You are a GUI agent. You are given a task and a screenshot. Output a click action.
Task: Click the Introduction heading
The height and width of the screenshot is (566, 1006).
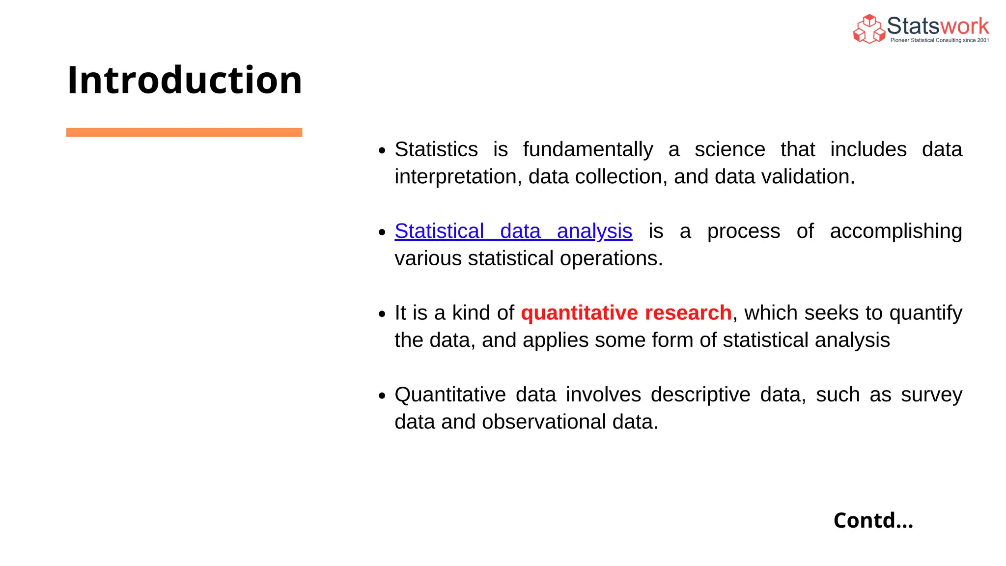click(x=184, y=80)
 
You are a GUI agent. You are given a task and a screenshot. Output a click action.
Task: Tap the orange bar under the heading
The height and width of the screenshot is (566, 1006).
click(x=184, y=132)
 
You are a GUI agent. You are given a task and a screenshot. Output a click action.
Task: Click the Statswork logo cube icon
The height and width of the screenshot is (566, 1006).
click(x=868, y=29)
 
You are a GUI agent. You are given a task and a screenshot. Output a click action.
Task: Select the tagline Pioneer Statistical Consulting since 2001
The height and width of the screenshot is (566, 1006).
click(x=939, y=40)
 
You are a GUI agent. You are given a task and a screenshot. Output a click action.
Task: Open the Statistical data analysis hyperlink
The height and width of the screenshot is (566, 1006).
click(x=513, y=231)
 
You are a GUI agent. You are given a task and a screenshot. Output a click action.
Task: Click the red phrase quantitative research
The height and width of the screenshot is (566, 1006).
click(x=626, y=313)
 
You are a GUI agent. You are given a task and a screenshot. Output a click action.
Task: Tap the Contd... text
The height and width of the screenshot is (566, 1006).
click(x=873, y=520)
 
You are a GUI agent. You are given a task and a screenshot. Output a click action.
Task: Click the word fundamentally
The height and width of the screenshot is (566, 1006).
click(x=587, y=149)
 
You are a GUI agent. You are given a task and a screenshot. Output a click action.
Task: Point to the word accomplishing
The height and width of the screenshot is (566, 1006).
click(x=895, y=231)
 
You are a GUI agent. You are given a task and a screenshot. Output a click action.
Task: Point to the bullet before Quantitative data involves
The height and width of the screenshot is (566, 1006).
click(x=382, y=396)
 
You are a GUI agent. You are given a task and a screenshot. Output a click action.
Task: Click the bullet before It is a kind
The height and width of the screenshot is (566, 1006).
click(x=382, y=314)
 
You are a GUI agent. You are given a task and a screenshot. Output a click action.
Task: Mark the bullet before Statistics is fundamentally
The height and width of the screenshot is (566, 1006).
click(x=382, y=151)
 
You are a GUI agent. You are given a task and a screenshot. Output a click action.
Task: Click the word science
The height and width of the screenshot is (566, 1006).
click(x=729, y=149)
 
